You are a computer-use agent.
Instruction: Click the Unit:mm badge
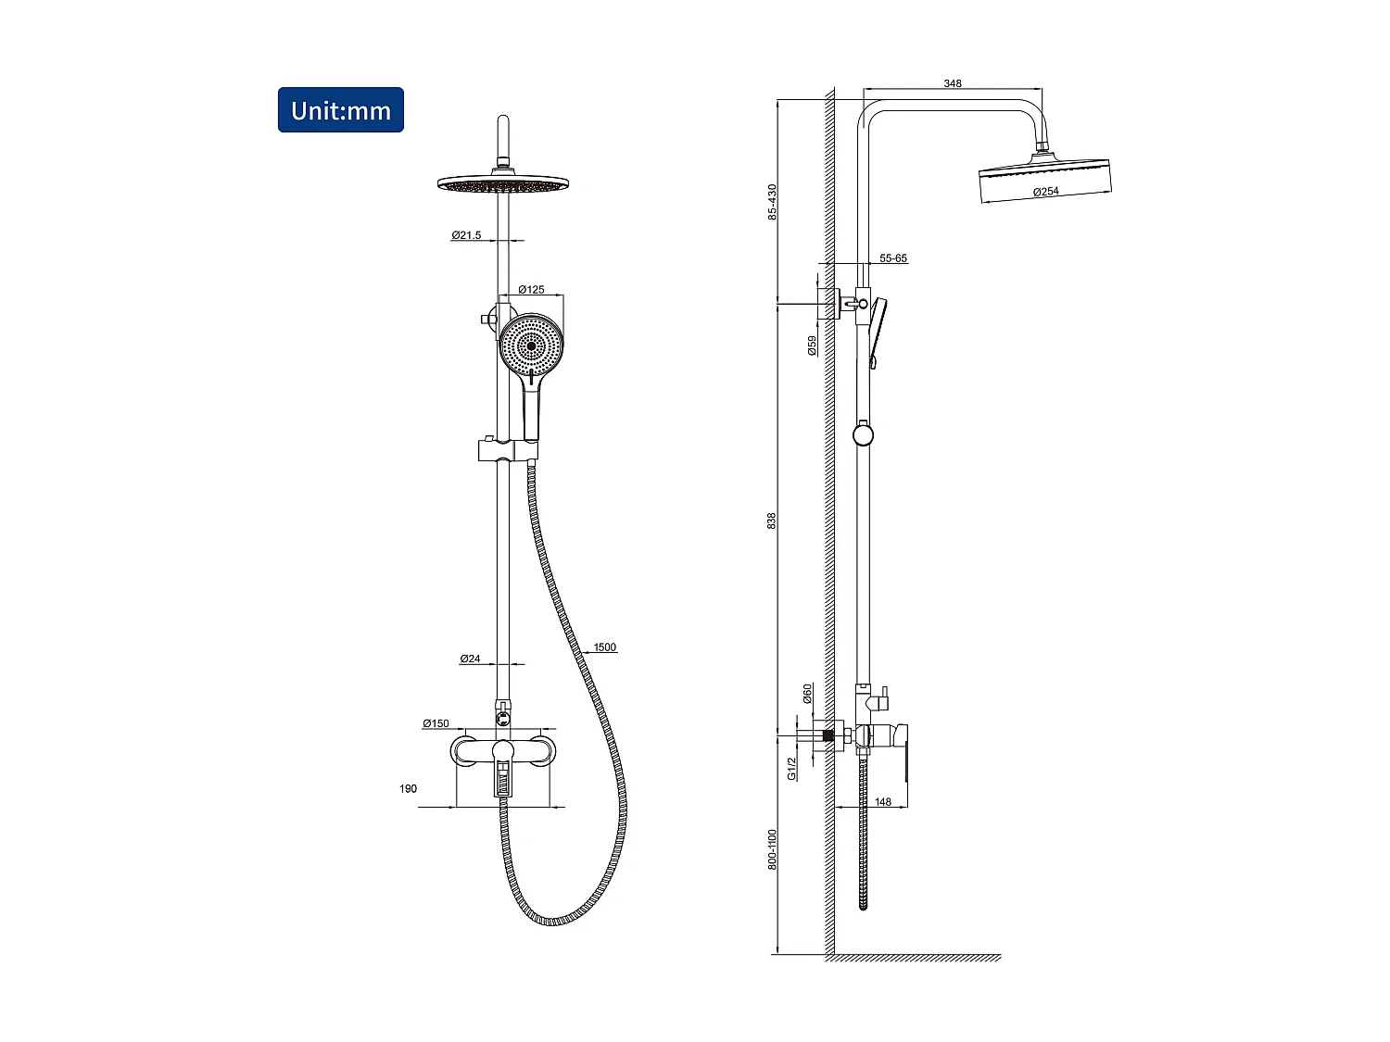(x=341, y=110)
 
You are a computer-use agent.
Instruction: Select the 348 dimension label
(x=953, y=83)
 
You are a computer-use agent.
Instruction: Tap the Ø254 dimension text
(x=1045, y=192)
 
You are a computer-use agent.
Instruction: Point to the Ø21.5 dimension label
(x=466, y=235)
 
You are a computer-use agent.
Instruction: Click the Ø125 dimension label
(x=531, y=290)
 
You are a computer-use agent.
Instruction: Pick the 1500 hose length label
(x=604, y=647)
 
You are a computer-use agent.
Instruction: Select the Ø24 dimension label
(x=470, y=659)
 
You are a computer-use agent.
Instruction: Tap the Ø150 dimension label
(x=436, y=723)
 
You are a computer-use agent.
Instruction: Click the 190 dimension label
(x=408, y=789)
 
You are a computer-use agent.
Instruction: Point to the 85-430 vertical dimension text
(x=772, y=202)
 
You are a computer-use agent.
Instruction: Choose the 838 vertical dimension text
(x=772, y=521)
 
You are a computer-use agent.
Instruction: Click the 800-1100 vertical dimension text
(x=772, y=849)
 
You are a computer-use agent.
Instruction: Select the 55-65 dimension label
(x=893, y=258)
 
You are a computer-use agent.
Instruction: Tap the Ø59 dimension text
(x=813, y=345)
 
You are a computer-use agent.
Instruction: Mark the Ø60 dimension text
(x=807, y=693)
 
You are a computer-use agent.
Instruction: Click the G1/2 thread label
(x=792, y=768)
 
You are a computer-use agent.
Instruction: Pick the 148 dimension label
(x=883, y=802)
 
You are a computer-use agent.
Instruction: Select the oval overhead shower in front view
(x=502, y=183)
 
